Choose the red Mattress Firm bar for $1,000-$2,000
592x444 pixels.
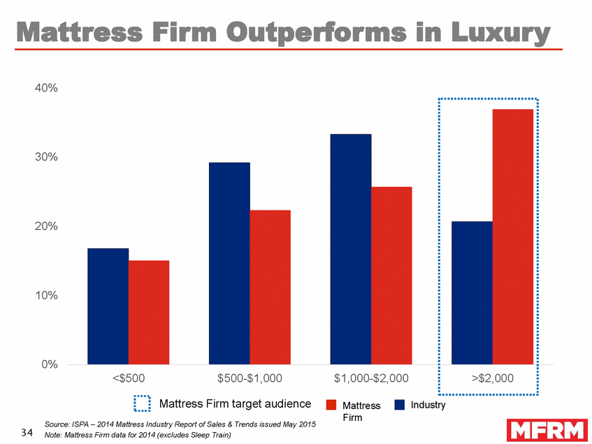[x=391, y=275]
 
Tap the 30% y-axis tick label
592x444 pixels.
[x=44, y=157]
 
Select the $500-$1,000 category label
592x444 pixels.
[x=250, y=379]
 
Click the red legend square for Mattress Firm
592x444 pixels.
[x=332, y=405]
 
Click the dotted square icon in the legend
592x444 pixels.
[x=143, y=404]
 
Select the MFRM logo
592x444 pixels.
[x=547, y=429]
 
